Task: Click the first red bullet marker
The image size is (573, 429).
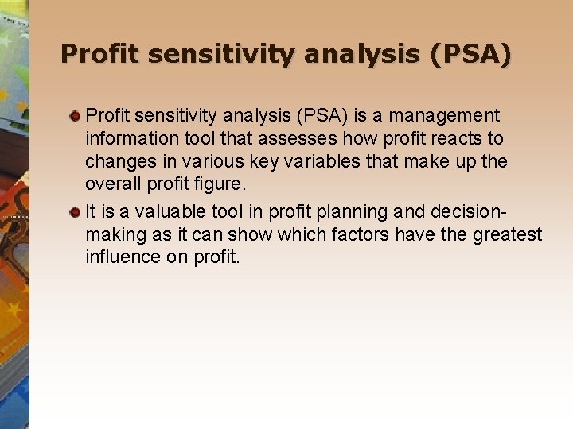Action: pyautogui.click(x=75, y=116)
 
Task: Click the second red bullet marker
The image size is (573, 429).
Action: pyautogui.click(x=75, y=212)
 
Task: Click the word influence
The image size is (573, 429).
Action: pyautogui.click(x=121, y=258)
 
